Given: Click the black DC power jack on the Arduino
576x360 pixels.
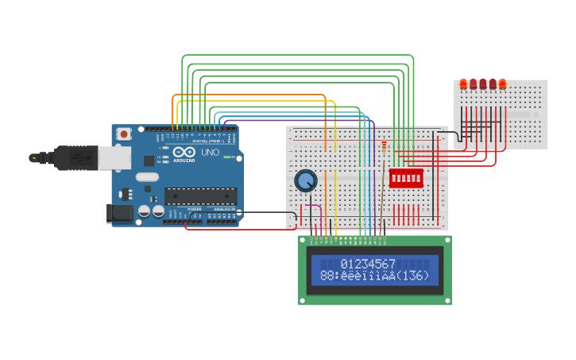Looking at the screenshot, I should pos(119,212).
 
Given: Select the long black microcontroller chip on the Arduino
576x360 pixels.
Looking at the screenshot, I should pos(200,195).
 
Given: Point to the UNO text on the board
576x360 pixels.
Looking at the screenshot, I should pos(210,153).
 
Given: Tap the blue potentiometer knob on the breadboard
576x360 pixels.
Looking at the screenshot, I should pos(306,180).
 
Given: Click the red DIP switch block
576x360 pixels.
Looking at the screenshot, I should pos(405,177).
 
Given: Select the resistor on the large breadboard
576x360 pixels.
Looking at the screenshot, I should pos(385,147).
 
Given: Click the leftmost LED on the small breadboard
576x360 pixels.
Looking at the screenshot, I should pos(463,83).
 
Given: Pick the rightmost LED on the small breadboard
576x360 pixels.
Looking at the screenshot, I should pos(502,83).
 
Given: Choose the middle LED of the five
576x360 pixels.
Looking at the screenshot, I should pos(483,83).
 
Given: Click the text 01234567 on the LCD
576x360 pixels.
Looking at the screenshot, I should pos(368,263).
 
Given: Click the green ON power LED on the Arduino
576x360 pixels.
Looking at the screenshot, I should pos(226,157).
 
